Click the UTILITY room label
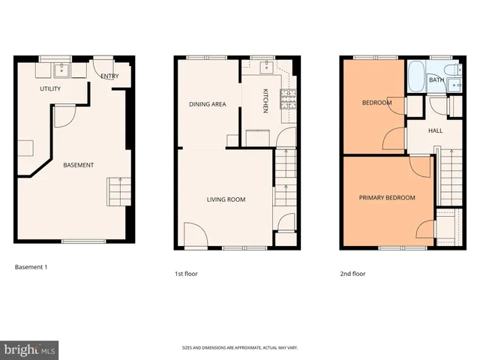50,88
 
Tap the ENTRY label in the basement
109,76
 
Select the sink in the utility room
61,71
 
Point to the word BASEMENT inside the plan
78,165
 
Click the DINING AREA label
207,104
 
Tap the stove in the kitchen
288,99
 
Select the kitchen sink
265,68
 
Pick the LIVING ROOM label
226,199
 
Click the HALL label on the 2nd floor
435,130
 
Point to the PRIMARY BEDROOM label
386,198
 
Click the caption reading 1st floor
186,274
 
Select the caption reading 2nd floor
352,274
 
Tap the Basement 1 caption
31,266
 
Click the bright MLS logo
30,349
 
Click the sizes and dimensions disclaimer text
239,348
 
